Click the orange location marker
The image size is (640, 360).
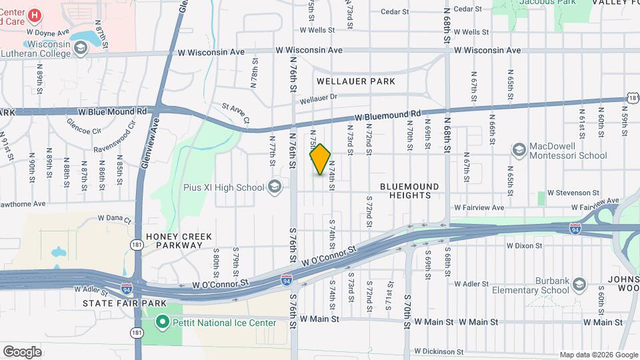tap(321, 159)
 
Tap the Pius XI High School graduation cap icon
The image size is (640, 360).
tap(274, 187)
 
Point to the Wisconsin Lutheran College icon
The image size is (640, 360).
tap(80, 48)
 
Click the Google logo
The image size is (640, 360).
tap(22, 352)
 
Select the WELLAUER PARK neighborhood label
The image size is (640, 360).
tap(355, 81)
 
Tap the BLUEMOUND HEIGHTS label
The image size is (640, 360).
tap(410, 191)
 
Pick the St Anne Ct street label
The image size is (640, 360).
tap(235, 113)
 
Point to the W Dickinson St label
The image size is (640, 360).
tap(438, 351)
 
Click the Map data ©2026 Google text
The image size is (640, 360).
tap(598, 355)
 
